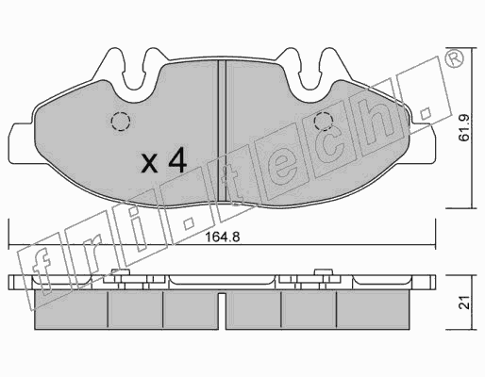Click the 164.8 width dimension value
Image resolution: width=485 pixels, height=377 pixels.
pos(223,237)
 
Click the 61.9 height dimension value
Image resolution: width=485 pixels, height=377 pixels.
pos(464,128)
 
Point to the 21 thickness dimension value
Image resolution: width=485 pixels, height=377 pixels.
pos(464,303)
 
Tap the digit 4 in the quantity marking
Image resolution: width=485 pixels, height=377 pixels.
pos(177,161)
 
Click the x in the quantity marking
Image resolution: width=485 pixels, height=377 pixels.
pos(149,163)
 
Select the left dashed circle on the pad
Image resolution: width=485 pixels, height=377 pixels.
pos(121,122)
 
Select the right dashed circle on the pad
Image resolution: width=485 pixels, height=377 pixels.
pos(324,122)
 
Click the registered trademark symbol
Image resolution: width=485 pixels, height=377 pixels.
pos(455,58)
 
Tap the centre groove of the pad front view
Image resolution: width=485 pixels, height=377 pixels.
pos(222,131)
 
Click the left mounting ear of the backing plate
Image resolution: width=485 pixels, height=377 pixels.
pos(21,143)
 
